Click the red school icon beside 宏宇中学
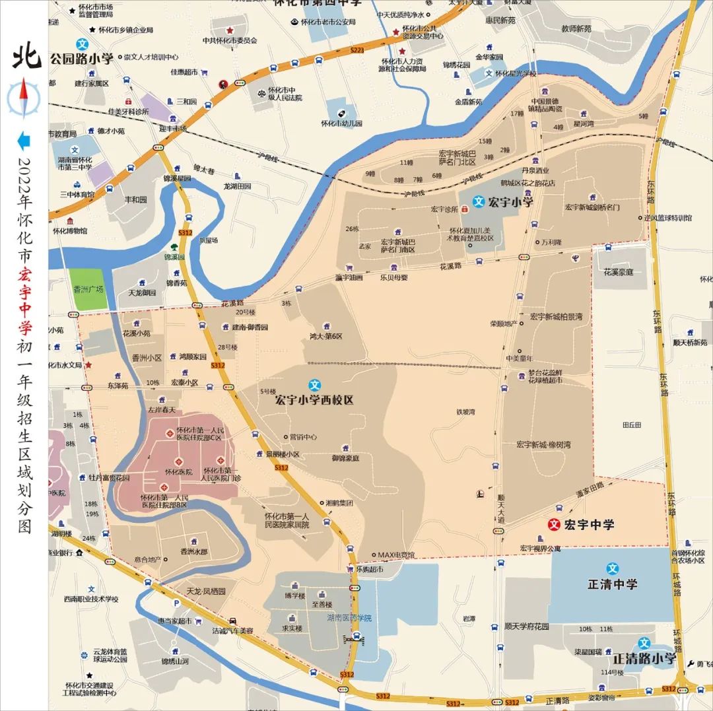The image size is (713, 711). click(555, 525)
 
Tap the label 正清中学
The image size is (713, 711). click(613, 584)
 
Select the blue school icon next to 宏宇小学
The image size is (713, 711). click(479, 202)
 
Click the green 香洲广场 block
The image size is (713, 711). click(88, 289)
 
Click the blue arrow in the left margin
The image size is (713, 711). click(24, 140)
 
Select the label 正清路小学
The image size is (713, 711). click(644, 658)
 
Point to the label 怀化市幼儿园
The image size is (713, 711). click(341, 123)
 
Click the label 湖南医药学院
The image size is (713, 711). click(349, 618)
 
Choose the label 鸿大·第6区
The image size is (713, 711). click(326, 336)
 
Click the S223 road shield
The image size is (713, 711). click(357, 50)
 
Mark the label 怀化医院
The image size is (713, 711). click(178, 471)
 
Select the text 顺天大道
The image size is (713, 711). click(501, 509)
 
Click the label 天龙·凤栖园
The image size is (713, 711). click(205, 591)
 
